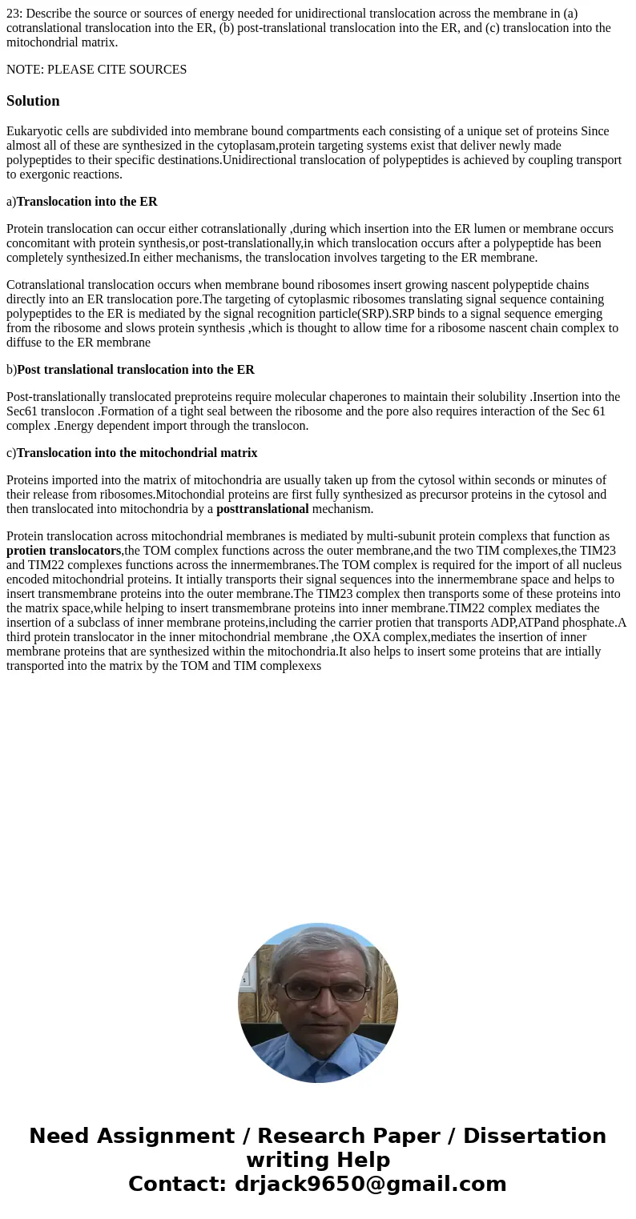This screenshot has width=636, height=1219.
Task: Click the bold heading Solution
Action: point(33,101)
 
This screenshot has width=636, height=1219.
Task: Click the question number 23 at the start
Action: point(13,14)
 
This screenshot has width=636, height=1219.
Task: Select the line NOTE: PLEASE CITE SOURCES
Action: point(96,70)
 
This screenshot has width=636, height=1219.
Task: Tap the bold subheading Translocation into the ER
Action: point(87,202)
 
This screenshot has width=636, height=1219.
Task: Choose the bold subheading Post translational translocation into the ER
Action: point(135,370)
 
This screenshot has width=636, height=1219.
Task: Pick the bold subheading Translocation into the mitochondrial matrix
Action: point(137,453)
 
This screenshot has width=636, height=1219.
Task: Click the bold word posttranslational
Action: point(262,509)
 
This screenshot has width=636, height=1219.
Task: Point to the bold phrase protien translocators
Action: point(63,551)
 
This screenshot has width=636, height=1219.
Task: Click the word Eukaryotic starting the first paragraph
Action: point(34,131)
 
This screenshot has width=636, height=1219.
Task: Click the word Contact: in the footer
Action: point(178,1184)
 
